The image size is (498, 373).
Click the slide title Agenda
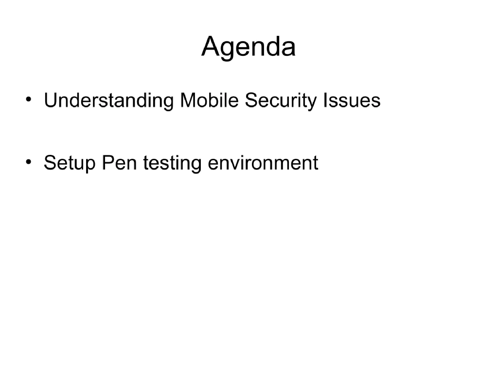(x=249, y=47)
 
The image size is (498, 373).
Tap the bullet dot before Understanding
(x=30, y=100)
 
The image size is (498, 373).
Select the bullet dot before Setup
(x=30, y=161)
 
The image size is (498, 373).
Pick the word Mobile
(x=209, y=101)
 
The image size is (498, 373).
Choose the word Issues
(x=351, y=101)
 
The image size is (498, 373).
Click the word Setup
(x=70, y=163)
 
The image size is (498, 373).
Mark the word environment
(x=263, y=162)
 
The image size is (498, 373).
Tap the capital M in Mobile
(x=188, y=101)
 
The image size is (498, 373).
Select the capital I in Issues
(x=325, y=101)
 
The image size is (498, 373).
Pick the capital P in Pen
(x=107, y=162)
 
